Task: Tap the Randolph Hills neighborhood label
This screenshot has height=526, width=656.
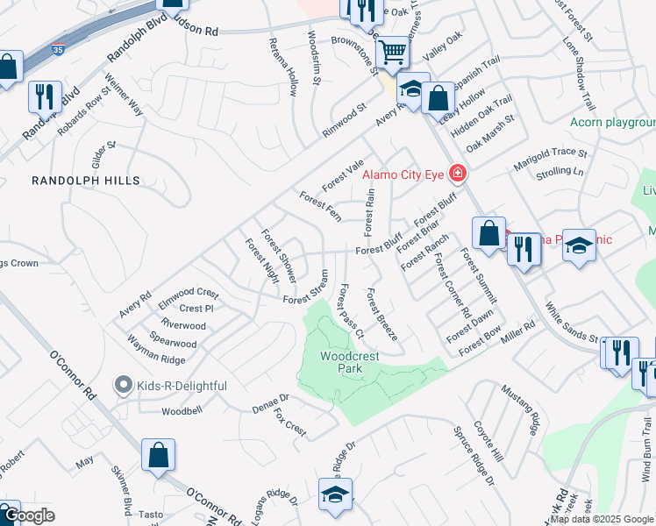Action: pyautogui.click(x=86, y=180)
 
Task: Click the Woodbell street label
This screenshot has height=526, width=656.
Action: pyautogui.click(x=182, y=410)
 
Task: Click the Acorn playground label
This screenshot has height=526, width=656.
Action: pyautogui.click(x=611, y=122)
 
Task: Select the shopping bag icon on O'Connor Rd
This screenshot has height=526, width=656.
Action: pyautogui.click(x=159, y=456)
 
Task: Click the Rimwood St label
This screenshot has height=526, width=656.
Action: pyautogui.click(x=343, y=122)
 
